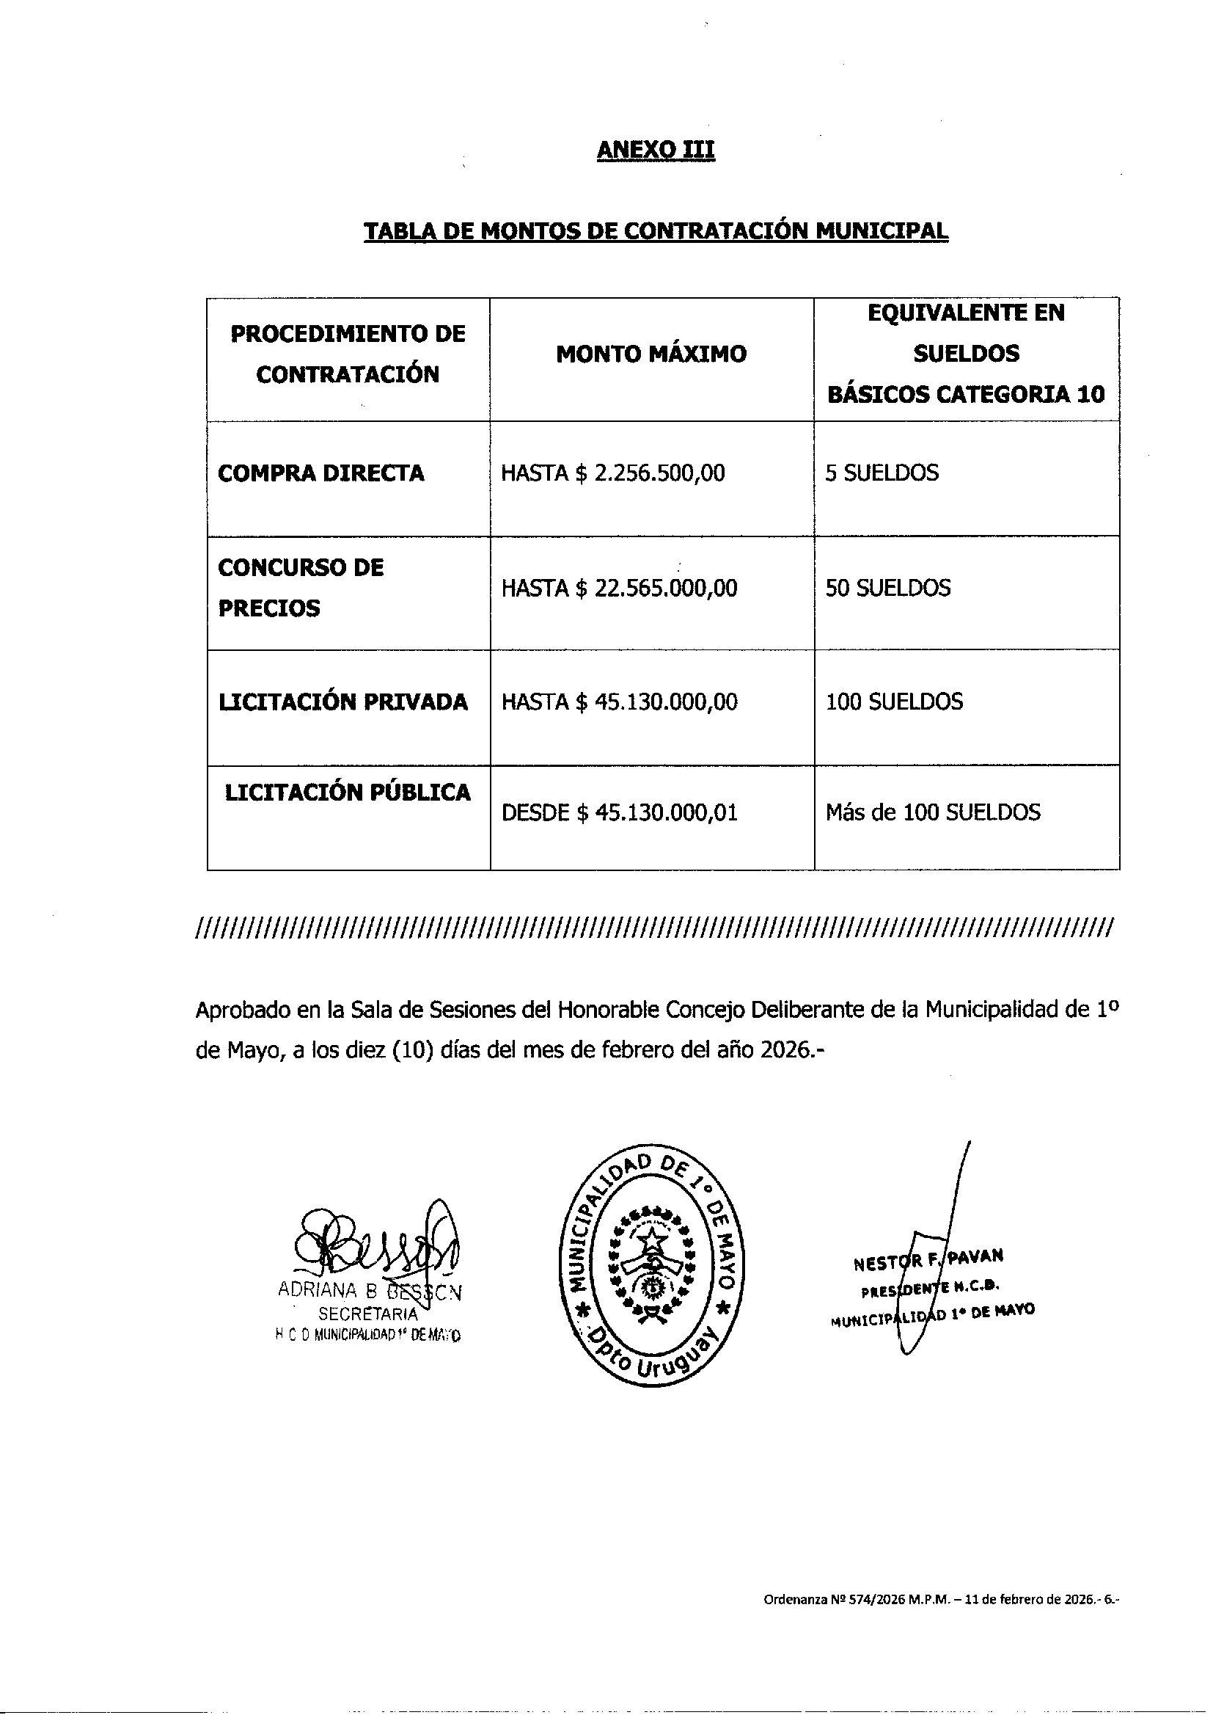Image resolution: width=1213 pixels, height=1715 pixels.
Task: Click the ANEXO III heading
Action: pyautogui.click(x=655, y=150)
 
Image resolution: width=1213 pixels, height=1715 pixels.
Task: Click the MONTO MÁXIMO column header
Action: pyautogui.click(x=651, y=354)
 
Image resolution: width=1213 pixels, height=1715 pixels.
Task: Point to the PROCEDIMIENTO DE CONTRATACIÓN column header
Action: pyautogui.click(x=348, y=354)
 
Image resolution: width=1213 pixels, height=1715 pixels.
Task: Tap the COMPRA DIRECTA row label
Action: pyautogui.click(x=320, y=474)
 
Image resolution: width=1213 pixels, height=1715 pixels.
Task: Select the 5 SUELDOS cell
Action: pyautogui.click(x=882, y=474)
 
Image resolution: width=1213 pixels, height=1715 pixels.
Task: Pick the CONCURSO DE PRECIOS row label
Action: pyautogui.click(x=300, y=588)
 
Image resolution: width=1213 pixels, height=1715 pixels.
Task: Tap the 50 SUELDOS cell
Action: pyautogui.click(x=887, y=589)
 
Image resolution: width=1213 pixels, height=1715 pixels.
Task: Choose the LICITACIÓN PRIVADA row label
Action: pyautogui.click(x=342, y=702)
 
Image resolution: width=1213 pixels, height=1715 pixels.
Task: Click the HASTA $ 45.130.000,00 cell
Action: pyautogui.click(x=619, y=702)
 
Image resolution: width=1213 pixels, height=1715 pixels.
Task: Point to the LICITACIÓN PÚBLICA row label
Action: pyautogui.click(x=348, y=793)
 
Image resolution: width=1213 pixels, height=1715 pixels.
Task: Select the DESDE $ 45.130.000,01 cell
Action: pyautogui.click(x=619, y=813)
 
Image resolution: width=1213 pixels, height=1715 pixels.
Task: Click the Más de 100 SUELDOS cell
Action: pyautogui.click(x=932, y=813)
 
